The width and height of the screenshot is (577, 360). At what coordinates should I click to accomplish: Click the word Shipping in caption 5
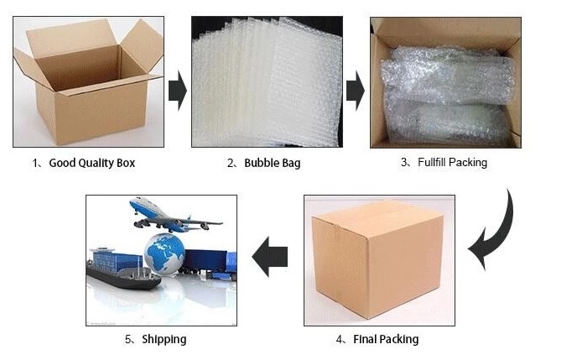pos(164,339)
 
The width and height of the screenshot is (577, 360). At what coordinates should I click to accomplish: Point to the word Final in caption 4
pos(364,339)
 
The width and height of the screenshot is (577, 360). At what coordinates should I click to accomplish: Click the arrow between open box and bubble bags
pos(178,91)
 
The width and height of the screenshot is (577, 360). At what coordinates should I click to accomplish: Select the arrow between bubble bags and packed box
pos(356,91)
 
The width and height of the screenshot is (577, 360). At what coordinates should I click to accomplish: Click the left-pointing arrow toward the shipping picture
pos(270,257)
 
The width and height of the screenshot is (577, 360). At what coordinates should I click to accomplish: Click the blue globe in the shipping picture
pos(164,254)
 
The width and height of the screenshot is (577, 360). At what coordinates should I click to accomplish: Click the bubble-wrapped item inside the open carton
pos(447,96)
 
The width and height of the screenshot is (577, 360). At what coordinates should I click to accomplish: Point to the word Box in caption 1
pos(126,163)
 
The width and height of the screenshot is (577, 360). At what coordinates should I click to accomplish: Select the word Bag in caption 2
pos(292,163)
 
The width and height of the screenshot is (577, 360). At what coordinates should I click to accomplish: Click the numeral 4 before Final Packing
pos(340,339)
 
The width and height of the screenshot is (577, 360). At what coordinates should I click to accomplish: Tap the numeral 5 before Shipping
pos(128,339)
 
